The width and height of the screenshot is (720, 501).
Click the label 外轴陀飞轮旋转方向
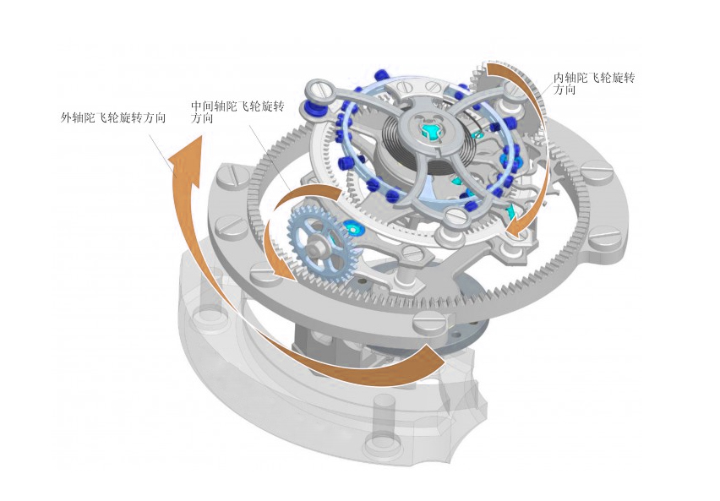(113, 118)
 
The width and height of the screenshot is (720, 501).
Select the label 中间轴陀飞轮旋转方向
(237, 112)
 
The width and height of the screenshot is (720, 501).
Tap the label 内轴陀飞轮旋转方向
(594, 83)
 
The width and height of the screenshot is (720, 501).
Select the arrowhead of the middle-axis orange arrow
(279, 269)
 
